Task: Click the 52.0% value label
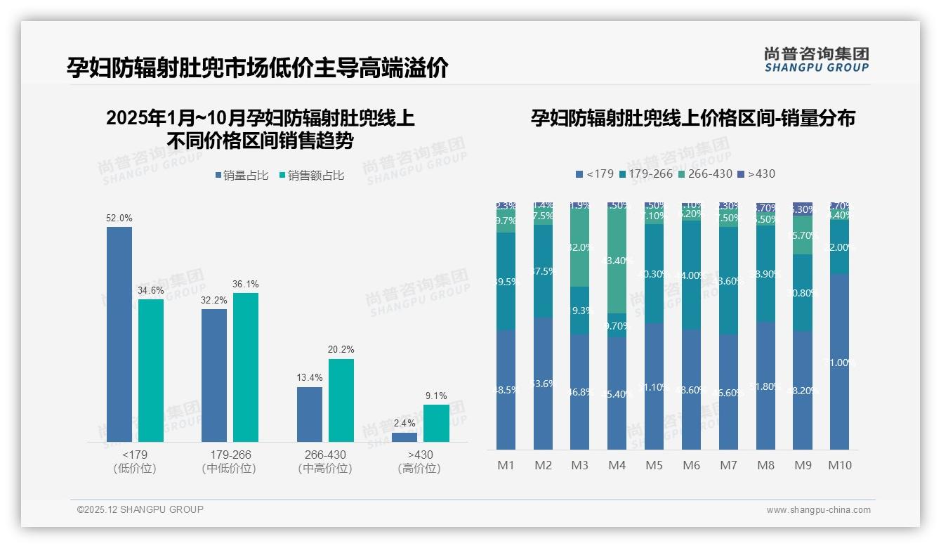pos(119,218)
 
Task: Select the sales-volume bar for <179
pos(119,334)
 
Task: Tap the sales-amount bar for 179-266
pos(246,367)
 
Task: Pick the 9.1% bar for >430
pos(436,423)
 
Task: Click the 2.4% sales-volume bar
pos(404,437)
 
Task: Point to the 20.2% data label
pos(341,350)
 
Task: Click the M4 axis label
pos(617,465)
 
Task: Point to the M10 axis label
pos(839,465)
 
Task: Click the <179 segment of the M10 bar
pos(839,362)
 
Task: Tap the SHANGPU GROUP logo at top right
pos(816,60)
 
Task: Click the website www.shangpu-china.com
pos(818,510)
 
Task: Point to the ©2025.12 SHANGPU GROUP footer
pos(140,509)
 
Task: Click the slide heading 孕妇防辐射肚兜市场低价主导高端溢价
pos(258,68)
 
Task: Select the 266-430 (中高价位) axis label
pos(324,462)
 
